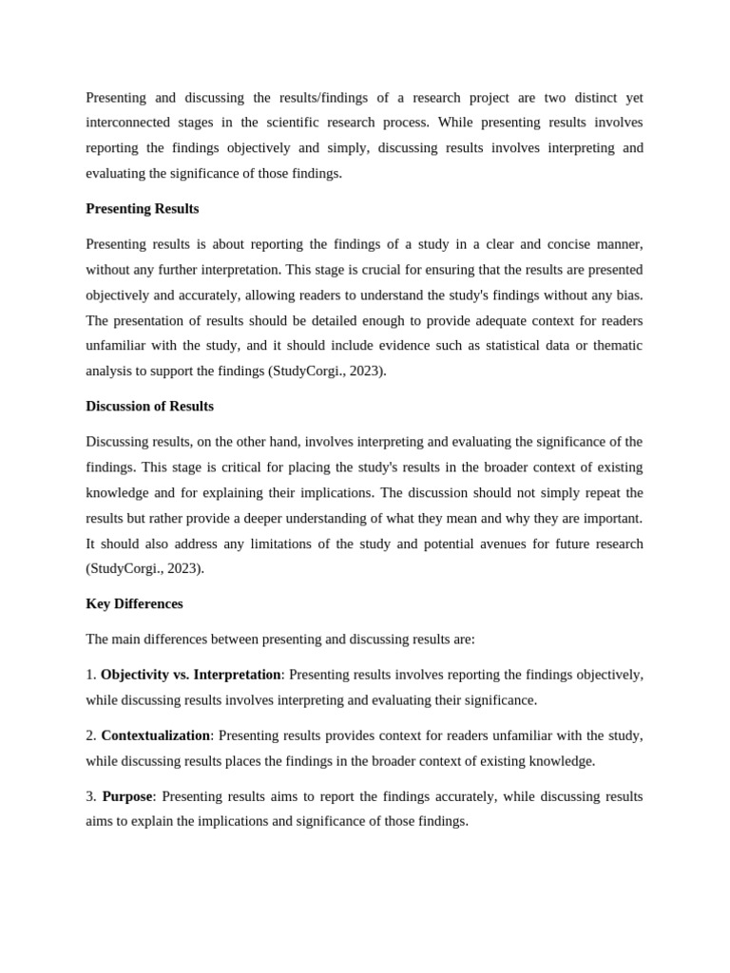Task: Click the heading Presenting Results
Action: (142, 209)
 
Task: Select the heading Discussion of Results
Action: (149, 407)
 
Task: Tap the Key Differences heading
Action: (134, 604)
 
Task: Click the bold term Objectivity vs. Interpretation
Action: (190, 675)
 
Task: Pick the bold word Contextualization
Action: (155, 735)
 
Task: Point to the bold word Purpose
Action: (126, 796)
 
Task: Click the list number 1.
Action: (90, 675)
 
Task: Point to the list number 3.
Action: (90, 796)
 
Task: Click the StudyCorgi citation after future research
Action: (144, 569)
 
